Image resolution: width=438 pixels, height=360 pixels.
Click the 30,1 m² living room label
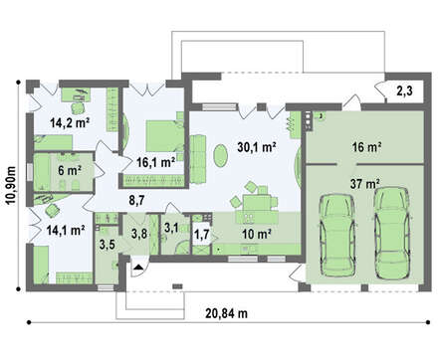click(257, 147)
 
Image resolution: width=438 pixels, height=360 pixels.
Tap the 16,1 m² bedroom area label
click(156, 162)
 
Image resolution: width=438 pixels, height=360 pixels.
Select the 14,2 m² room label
click(70, 123)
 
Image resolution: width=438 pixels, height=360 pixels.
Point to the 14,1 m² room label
click(66, 230)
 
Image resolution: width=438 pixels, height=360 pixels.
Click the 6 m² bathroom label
click(70, 171)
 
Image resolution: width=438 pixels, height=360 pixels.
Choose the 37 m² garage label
click(365, 184)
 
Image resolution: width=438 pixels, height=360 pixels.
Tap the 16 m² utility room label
click(366, 147)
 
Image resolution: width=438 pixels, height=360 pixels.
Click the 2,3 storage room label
click(405, 90)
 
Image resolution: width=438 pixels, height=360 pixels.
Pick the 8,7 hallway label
click(136, 200)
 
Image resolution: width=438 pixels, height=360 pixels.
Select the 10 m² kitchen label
click(257, 235)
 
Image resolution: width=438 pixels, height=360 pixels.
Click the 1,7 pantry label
click(202, 235)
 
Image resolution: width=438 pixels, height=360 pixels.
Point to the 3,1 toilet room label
click(171, 228)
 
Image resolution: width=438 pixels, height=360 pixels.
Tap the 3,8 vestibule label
click(139, 234)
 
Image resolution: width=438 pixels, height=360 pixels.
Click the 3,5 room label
click(108, 245)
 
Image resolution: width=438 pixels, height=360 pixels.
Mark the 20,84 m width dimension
click(227, 313)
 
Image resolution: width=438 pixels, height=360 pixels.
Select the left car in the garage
click(336, 235)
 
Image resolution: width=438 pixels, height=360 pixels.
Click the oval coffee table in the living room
click(220, 156)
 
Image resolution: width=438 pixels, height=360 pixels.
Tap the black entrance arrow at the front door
click(138, 267)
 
